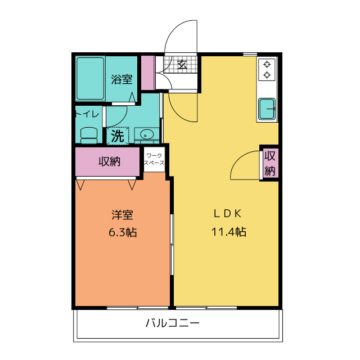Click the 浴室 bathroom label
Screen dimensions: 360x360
(x=122, y=79)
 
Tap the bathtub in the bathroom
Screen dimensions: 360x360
(x=91, y=79)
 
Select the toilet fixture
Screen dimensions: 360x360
(x=88, y=134)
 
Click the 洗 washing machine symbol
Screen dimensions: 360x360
(x=117, y=136)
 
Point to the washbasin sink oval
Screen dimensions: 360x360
(x=147, y=134)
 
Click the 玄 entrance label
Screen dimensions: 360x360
(x=183, y=64)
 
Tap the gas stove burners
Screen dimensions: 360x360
(x=267, y=69)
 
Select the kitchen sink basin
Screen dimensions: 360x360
(x=267, y=107)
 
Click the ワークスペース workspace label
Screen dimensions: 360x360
(x=154, y=159)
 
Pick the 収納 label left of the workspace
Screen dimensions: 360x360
(x=110, y=161)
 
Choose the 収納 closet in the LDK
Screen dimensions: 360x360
(x=270, y=163)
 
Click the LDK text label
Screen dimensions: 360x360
(x=227, y=214)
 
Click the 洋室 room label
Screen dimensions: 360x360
(x=122, y=215)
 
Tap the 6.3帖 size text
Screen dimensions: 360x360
(x=122, y=232)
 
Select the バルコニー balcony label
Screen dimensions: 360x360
(x=173, y=323)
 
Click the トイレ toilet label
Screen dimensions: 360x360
(x=87, y=114)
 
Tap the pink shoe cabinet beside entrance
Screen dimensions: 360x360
(x=147, y=73)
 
